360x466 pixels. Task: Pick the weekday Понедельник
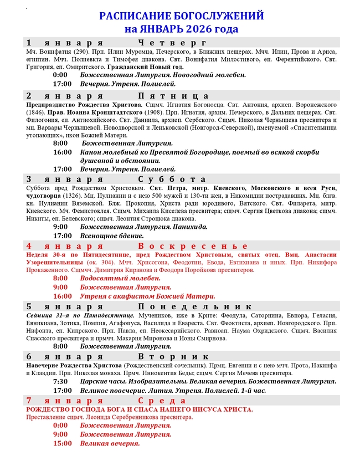[196, 306]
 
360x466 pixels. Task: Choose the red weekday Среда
[162, 401]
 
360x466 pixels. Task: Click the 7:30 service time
[60, 381]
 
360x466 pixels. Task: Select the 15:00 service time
[62, 443]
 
